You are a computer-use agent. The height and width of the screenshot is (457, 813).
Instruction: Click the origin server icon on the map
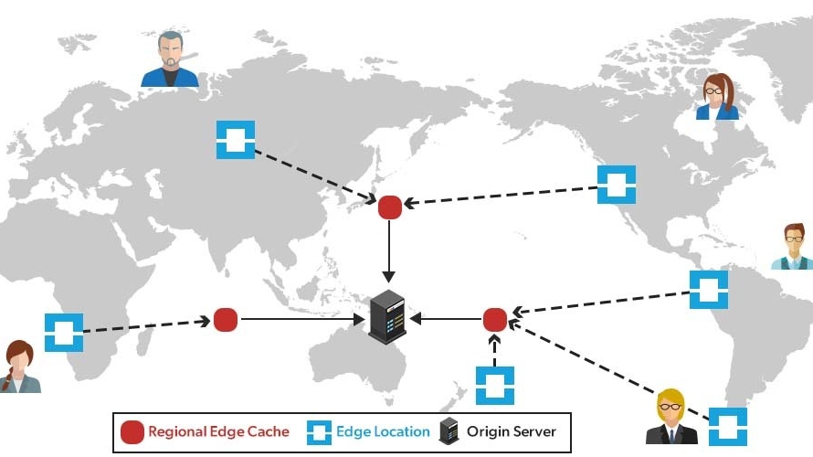point(387,316)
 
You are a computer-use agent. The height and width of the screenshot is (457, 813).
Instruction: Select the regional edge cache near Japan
point(390,207)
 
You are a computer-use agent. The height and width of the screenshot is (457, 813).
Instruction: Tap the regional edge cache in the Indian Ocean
point(226,319)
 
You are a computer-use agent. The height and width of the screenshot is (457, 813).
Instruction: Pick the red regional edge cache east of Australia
point(494,319)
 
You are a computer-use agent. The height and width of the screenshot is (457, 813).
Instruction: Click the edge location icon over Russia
point(235,140)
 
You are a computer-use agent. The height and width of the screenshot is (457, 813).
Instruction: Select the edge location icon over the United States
point(616,184)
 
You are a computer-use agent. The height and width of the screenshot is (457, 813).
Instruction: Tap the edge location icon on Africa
point(64,333)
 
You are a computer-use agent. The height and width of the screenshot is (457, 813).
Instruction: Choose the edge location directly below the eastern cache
point(494,385)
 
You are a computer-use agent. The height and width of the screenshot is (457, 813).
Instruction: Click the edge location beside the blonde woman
point(727,426)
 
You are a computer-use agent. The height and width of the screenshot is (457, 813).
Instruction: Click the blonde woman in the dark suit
point(671,418)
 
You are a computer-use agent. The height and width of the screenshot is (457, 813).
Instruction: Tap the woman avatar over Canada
point(717,98)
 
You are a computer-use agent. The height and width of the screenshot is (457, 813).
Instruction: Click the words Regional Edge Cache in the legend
point(218,431)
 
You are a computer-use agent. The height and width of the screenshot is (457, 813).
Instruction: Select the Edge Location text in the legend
point(383,431)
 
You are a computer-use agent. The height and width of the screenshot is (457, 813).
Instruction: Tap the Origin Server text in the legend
point(511,431)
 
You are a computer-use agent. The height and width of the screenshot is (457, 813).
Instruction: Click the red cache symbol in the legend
point(132,431)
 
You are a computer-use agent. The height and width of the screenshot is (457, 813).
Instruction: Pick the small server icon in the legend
point(449,431)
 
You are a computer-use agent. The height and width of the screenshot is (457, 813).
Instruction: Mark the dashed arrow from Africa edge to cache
point(146,325)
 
